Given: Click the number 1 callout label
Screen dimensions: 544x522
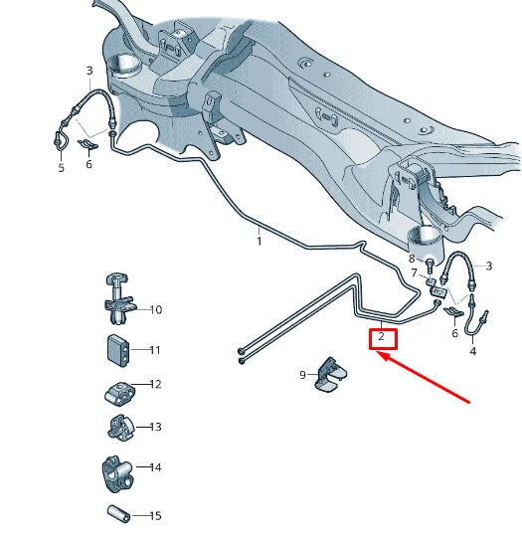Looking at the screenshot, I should coord(259,241).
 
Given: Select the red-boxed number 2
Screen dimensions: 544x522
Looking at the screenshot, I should coord(381,338).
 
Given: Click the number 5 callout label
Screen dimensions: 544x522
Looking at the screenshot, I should coord(61,168).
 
